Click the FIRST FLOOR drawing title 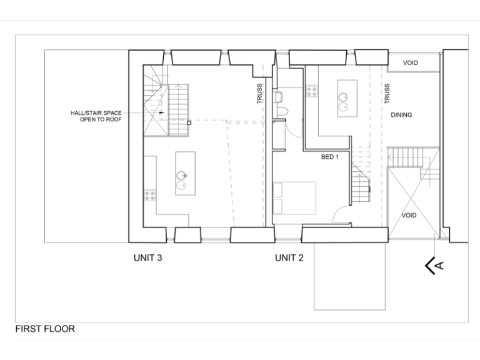(45, 329)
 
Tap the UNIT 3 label (148, 257)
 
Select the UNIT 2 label (289, 257)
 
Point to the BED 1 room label (329, 157)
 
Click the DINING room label (401, 115)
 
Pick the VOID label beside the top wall (410, 63)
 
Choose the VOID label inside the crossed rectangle (409, 215)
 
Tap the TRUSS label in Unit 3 (260, 93)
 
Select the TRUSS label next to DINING (387, 93)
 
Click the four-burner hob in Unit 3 (150, 194)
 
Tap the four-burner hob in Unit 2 (311, 91)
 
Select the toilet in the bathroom (282, 111)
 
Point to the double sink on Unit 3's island (181, 180)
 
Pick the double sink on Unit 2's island (342, 101)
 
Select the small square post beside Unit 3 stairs (189, 123)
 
